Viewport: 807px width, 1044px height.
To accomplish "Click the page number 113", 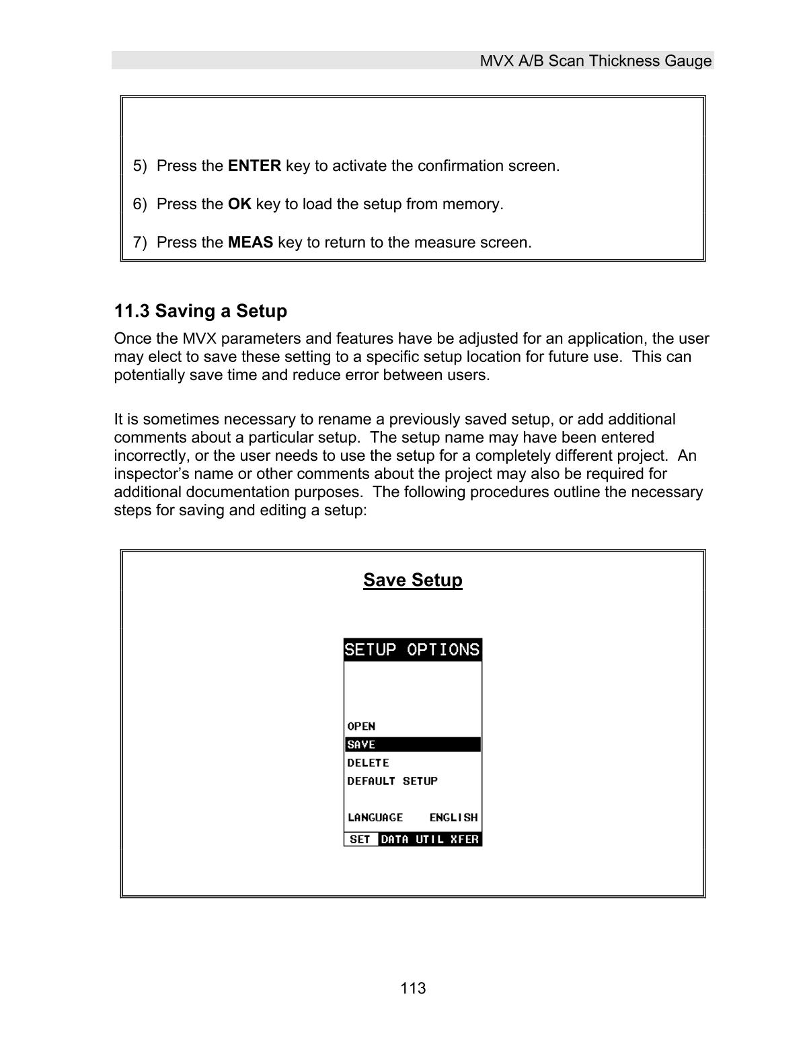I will tap(413, 988).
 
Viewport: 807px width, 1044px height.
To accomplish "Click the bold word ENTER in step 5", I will tap(254, 165).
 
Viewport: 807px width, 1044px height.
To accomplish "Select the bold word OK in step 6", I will tap(239, 204).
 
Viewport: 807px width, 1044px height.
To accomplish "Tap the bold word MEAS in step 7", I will tap(250, 242).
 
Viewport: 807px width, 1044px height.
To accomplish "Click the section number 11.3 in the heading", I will tap(132, 311).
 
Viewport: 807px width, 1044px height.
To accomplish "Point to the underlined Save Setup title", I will tap(413, 580).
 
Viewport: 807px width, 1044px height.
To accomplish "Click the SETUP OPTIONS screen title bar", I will tap(412, 650).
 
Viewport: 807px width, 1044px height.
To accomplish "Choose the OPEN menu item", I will tap(361, 726).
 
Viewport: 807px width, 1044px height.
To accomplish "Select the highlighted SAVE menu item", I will tap(361, 745).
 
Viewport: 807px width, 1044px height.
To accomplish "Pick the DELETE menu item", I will tap(368, 763).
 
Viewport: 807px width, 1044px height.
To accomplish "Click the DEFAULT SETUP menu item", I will tap(392, 781).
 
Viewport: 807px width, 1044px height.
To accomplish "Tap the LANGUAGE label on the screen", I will tap(375, 817).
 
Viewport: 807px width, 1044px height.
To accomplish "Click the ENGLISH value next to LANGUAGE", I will tap(453, 817).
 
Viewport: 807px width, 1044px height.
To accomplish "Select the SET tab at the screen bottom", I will tap(360, 839).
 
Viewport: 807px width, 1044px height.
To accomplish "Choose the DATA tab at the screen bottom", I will tap(395, 839).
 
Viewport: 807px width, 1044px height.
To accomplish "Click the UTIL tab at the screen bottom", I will tap(430, 839).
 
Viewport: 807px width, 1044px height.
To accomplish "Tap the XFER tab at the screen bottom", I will tap(465, 839).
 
